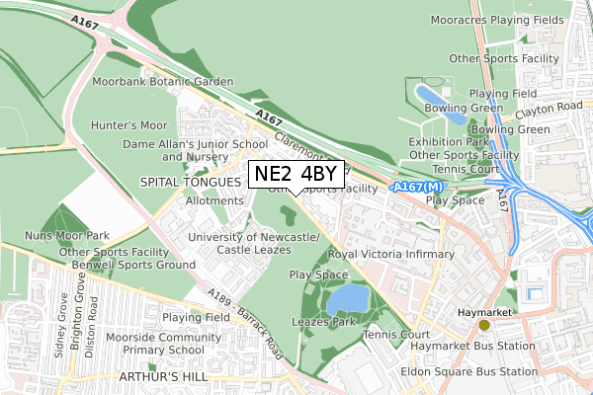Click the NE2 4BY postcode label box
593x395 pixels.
point(296,175)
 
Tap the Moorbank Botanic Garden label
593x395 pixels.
point(163,81)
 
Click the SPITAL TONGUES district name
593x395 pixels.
point(192,183)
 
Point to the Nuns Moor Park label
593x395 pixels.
point(66,236)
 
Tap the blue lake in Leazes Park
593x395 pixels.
point(347,297)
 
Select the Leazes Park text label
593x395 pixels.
point(322,322)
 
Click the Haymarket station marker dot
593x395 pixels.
point(484,324)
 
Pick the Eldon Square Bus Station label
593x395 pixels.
point(469,372)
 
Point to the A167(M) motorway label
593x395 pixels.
point(419,187)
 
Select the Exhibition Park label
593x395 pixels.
point(449,142)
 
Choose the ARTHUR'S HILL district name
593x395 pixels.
point(161,378)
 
